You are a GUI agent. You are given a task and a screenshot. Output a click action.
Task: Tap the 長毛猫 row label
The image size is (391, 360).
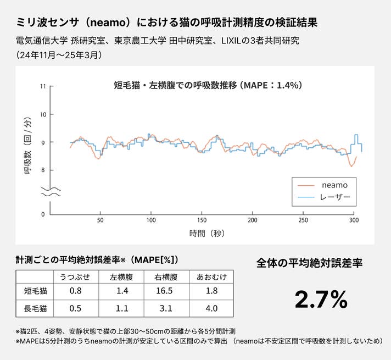click(x=36, y=308)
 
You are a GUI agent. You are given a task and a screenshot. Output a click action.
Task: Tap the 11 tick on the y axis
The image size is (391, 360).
click(x=43, y=87)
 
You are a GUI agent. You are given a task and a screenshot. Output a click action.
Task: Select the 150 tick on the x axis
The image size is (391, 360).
click(x=202, y=220)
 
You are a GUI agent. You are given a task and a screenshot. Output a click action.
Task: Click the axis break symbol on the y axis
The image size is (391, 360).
click(x=50, y=191)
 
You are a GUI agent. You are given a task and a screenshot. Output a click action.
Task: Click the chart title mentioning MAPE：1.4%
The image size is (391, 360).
click(x=208, y=86)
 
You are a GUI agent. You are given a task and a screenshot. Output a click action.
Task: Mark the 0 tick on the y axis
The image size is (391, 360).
click(x=43, y=214)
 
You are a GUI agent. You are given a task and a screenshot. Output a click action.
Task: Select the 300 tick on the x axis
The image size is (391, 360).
click(x=354, y=220)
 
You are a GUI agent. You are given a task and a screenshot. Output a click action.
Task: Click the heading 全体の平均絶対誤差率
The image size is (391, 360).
click(x=310, y=263)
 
